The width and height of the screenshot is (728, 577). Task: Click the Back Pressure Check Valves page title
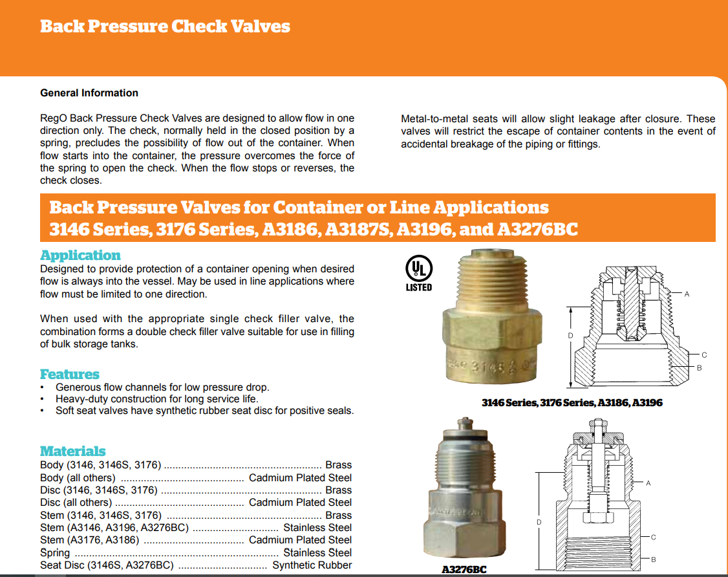tap(165, 27)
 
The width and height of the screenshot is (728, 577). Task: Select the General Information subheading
tap(89, 93)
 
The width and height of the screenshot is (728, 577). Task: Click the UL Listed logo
tap(419, 272)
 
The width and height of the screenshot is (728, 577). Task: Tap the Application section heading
tap(80, 255)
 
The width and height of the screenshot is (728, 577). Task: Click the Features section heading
tap(70, 374)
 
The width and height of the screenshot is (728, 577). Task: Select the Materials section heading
tap(72, 451)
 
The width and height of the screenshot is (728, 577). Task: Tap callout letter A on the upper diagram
tap(687, 294)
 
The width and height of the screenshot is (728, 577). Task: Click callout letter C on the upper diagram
tap(704, 354)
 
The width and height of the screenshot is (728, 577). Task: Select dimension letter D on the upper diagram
tap(570, 335)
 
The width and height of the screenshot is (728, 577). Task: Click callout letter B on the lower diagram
tap(654, 559)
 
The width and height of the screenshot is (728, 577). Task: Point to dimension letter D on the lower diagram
tap(539, 521)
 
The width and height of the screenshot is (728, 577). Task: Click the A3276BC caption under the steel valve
tap(464, 570)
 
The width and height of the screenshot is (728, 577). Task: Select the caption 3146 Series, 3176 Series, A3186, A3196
tap(572, 403)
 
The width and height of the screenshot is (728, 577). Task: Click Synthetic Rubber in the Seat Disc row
tap(312, 565)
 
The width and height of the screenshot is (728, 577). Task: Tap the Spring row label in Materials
tap(54, 552)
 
